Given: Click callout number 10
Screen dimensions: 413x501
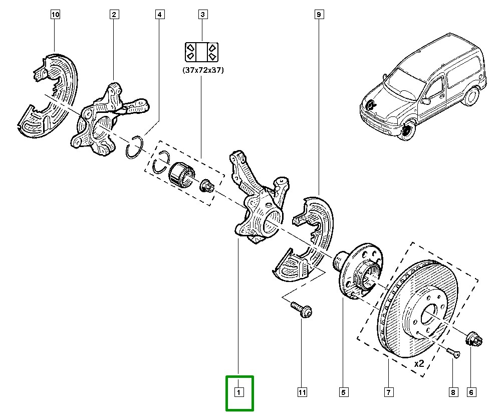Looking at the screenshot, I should (x=55, y=15).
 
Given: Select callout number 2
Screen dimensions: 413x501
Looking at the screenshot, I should (x=114, y=15).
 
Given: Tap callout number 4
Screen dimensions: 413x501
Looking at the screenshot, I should (x=159, y=15).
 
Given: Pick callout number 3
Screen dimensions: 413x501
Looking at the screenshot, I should (x=203, y=15).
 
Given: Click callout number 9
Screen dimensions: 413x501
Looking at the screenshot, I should (x=318, y=15).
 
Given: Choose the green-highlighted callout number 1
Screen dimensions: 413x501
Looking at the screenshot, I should (x=239, y=392).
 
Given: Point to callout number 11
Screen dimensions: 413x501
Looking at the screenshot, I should (x=302, y=392).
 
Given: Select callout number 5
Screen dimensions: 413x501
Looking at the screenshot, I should (x=344, y=392).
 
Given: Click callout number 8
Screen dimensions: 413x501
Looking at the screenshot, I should (x=452, y=392).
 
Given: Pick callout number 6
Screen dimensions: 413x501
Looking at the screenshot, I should (x=471, y=392).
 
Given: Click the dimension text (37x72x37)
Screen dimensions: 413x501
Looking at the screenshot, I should (x=203, y=71).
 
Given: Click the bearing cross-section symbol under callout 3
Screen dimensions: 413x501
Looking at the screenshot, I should (x=202, y=52).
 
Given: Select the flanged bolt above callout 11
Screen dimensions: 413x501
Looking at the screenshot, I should (x=300, y=309).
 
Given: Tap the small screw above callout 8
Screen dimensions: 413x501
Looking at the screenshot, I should (x=453, y=353).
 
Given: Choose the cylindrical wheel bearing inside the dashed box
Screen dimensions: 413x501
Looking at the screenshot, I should (x=181, y=174).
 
